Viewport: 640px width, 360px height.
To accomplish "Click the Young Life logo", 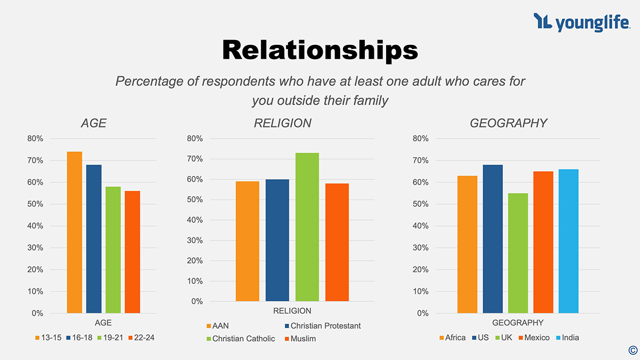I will [581, 22].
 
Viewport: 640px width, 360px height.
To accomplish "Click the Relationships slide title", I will [319, 50].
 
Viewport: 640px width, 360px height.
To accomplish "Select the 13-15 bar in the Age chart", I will [74, 232].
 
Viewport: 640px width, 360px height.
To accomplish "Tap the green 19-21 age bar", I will [113, 250].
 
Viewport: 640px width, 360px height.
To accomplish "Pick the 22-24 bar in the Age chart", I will [132, 252].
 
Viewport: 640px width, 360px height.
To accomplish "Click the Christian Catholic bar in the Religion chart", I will [307, 227].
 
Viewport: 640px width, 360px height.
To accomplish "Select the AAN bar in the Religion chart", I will [247, 241].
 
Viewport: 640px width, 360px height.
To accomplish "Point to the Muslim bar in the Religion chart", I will [337, 242].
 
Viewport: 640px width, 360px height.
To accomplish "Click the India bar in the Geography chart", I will [569, 241].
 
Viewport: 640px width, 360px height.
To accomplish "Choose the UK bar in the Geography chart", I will [518, 253].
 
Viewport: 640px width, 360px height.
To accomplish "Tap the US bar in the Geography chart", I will [493, 238].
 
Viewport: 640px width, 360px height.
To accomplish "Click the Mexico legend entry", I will [534, 338].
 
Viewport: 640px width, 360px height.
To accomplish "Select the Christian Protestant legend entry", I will [323, 326].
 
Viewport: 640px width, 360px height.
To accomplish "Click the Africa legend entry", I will [452, 338].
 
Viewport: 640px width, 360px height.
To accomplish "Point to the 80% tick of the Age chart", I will [35, 139].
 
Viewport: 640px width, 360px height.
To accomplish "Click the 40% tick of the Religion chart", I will [195, 220].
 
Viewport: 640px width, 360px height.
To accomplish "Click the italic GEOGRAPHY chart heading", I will [508, 123].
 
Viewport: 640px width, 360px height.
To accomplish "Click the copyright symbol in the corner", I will [633, 350].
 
